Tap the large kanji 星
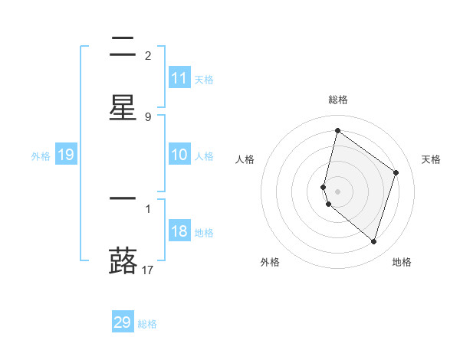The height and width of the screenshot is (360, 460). (123, 106)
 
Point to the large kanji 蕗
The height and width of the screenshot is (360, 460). (123, 259)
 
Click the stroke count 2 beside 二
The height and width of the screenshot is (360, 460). (148, 56)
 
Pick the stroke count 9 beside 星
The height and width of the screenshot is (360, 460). (148, 116)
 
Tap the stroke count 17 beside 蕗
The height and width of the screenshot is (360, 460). (148, 270)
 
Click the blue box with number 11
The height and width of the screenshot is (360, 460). (179, 78)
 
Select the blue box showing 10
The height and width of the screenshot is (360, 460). (179, 155)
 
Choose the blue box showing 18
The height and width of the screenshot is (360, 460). (179, 232)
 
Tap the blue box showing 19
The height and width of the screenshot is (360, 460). (65, 155)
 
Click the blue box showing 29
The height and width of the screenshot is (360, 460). (123, 322)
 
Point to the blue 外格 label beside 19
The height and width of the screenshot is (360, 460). (41, 156)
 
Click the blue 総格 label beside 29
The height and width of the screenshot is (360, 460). (147, 324)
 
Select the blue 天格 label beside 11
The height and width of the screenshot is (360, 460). (203, 79)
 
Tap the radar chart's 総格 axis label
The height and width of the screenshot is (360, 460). (337, 100)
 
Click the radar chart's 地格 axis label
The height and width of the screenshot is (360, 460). (402, 262)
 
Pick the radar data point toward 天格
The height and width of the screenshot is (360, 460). (396, 172)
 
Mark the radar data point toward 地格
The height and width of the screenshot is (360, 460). (373, 241)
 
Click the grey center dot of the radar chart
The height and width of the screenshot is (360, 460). (337, 191)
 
